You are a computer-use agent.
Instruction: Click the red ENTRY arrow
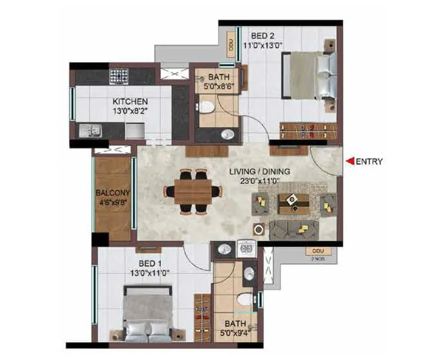(349, 161)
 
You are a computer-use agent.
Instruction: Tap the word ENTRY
(369, 161)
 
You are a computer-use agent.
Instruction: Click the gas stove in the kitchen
(118, 76)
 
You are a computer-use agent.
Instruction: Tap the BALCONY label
(112, 193)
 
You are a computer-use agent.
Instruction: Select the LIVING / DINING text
(259, 172)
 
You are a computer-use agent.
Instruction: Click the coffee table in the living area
(293, 202)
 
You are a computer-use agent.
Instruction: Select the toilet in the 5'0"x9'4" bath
(244, 299)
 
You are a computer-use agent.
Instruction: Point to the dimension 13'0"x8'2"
(130, 111)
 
